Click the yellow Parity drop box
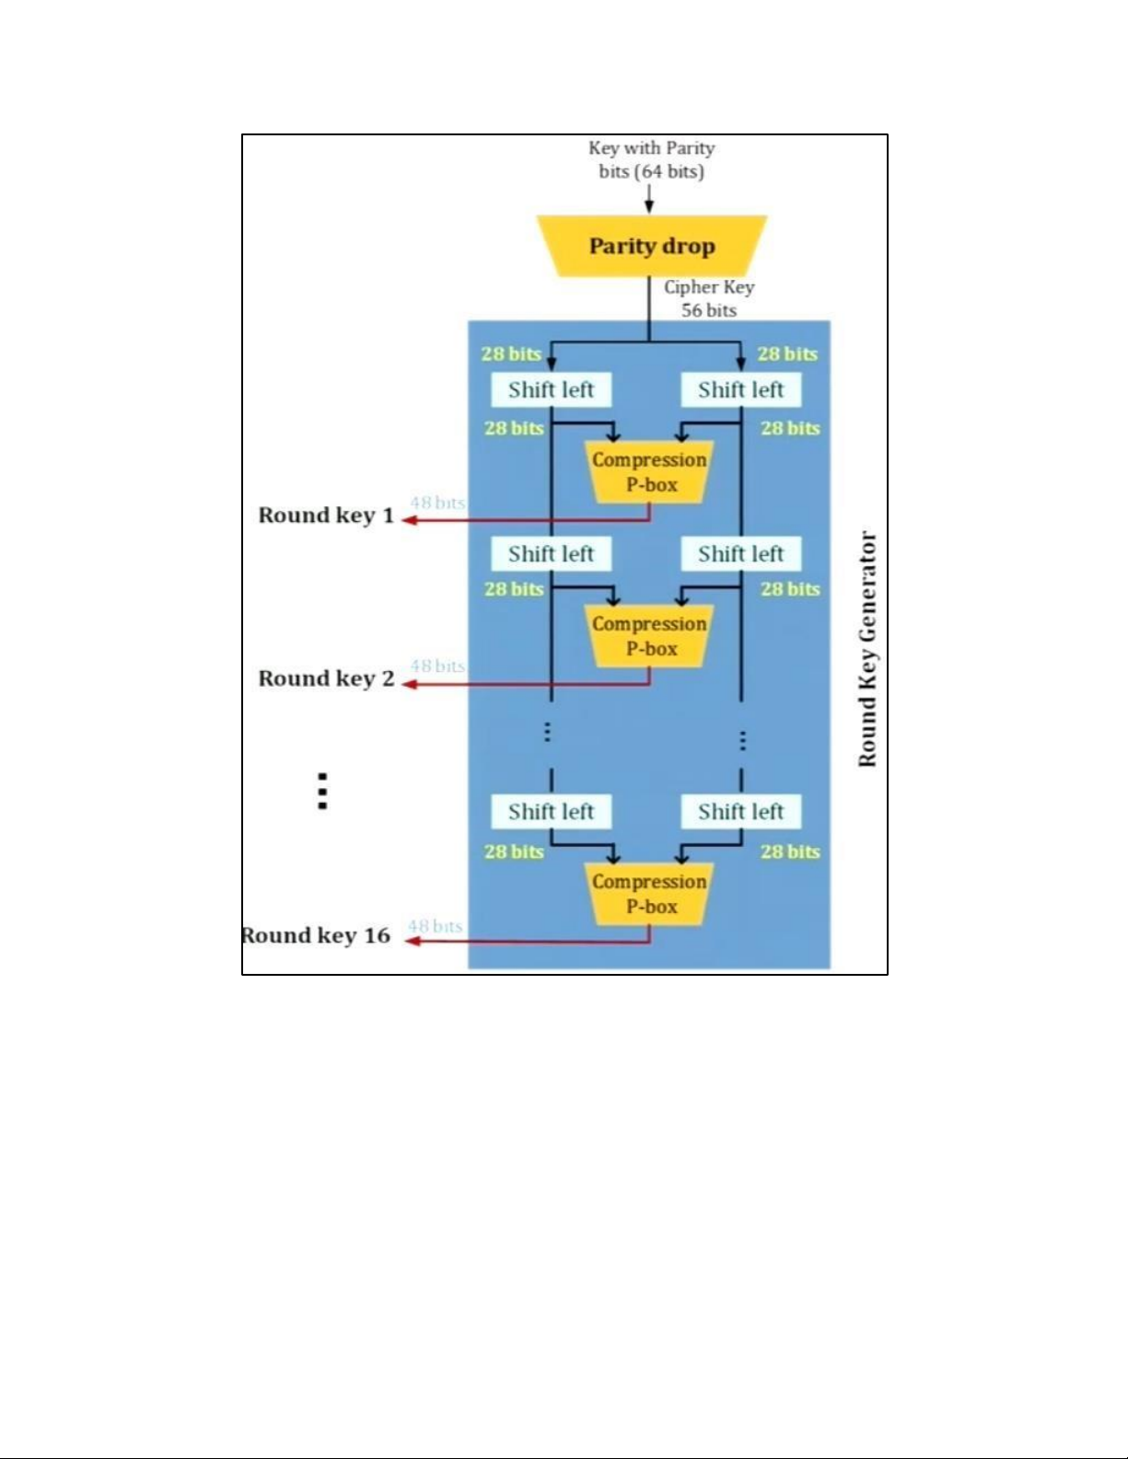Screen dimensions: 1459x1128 651,246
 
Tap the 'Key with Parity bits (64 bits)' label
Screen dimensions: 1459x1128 651,159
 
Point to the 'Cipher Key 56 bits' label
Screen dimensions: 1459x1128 708,298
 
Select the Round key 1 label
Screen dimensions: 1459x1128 326,515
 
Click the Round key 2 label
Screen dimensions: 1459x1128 326,678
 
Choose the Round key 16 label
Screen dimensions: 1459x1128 316,935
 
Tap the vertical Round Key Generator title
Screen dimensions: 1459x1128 866,649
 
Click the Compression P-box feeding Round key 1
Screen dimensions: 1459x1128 649,472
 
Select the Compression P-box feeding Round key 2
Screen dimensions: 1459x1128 649,636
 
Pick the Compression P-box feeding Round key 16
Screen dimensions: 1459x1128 649,894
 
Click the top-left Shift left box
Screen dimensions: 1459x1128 551,389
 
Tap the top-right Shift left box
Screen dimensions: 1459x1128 740,389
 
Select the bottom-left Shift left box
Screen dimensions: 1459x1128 551,811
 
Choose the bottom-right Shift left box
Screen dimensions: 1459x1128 740,811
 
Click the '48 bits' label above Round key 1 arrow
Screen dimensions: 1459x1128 437,503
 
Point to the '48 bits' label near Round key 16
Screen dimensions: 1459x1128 435,926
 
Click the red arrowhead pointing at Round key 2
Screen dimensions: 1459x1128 409,684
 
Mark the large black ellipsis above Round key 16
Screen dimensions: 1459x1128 322,791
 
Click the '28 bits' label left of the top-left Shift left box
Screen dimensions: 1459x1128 511,353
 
